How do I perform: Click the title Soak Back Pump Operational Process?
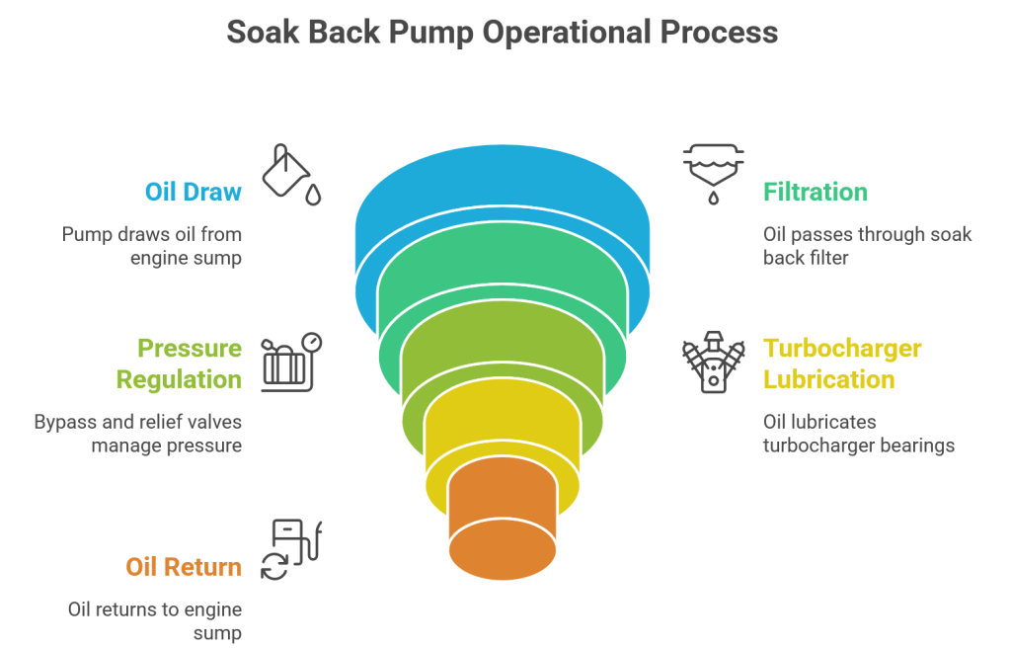pos(503,32)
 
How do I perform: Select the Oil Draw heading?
pos(193,192)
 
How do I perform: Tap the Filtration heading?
pos(815,192)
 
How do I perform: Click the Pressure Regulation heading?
pos(179,364)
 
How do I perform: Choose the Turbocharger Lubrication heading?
pos(842,364)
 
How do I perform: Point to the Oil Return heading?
pos(183,567)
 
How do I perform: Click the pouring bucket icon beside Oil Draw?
pos(290,175)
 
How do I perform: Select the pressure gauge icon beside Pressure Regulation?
pos(291,362)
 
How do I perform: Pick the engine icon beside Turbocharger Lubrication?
pos(713,362)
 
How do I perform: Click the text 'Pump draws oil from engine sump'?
pos(151,247)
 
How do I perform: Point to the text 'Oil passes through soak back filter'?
pos(867,247)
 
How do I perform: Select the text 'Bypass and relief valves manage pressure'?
pos(137,434)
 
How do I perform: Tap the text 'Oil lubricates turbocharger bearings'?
pos(858,434)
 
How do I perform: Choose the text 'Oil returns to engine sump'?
pos(154,621)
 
